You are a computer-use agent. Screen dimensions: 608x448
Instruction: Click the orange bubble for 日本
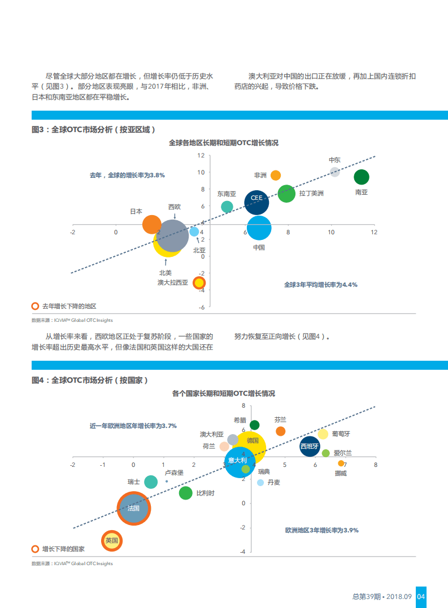click(151, 225)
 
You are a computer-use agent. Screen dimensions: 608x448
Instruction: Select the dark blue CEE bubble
click(256, 202)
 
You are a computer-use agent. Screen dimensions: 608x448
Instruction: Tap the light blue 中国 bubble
click(259, 228)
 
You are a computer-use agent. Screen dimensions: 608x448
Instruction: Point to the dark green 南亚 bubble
click(362, 177)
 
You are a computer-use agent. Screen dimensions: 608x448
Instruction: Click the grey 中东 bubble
click(334, 172)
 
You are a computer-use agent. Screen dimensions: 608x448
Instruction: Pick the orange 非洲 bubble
click(276, 175)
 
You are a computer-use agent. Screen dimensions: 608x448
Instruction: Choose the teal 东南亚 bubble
click(227, 207)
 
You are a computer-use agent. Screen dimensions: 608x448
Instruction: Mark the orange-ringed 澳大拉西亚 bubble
click(199, 283)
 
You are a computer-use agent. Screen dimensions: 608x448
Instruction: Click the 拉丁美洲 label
click(312, 194)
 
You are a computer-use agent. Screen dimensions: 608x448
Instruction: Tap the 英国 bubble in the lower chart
click(112, 540)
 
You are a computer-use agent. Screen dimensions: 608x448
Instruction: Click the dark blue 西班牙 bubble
click(310, 447)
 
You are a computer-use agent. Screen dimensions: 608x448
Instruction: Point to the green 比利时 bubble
click(185, 493)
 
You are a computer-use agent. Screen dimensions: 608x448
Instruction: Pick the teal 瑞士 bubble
click(151, 482)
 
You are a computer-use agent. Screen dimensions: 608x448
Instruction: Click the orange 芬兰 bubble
click(280, 431)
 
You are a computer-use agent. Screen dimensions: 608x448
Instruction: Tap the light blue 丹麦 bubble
click(260, 483)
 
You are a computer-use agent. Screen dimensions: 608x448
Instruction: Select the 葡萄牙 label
click(341, 434)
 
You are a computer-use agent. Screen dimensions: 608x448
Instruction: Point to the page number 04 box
click(421, 596)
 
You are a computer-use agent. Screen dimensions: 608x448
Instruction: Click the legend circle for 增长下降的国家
click(35, 549)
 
